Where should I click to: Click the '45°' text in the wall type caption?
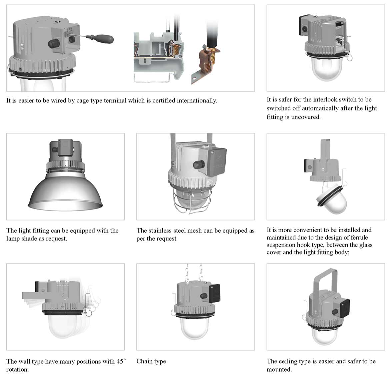(121, 361)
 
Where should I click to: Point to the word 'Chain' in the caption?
(144, 361)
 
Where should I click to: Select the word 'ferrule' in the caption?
(357, 238)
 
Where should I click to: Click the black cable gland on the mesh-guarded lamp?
(199, 164)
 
